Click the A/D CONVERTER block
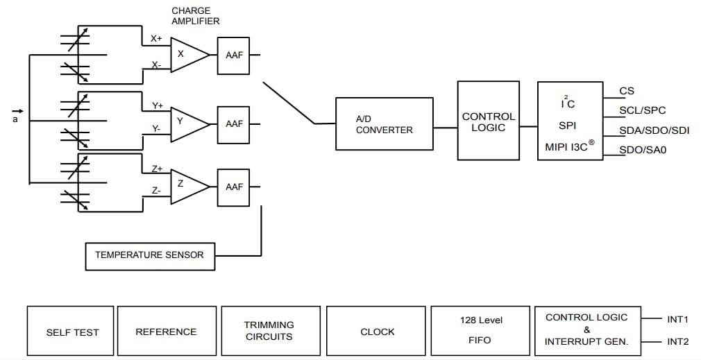[x=384, y=123]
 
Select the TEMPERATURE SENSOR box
[x=149, y=255]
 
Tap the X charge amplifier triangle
[x=186, y=55]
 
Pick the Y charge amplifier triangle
[x=186, y=123]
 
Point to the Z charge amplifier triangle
[x=186, y=186]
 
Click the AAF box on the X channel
[x=234, y=55]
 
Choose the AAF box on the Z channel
[x=234, y=187]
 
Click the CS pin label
[x=627, y=91]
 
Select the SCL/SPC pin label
[x=642, y=110]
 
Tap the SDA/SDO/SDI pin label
[x=654, y=130]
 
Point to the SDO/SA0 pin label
[x=643, y=149]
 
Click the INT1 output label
[x=677, y=320]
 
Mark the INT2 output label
[x=677, y=342]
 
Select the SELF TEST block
[x=72, y=332]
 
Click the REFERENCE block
[x=166, y=332]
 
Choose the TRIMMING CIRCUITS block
[x=269, y=331]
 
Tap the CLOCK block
[x=377, y=332]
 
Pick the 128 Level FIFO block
[x=481, y=331]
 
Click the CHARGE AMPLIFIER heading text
[x=195, y=16]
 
